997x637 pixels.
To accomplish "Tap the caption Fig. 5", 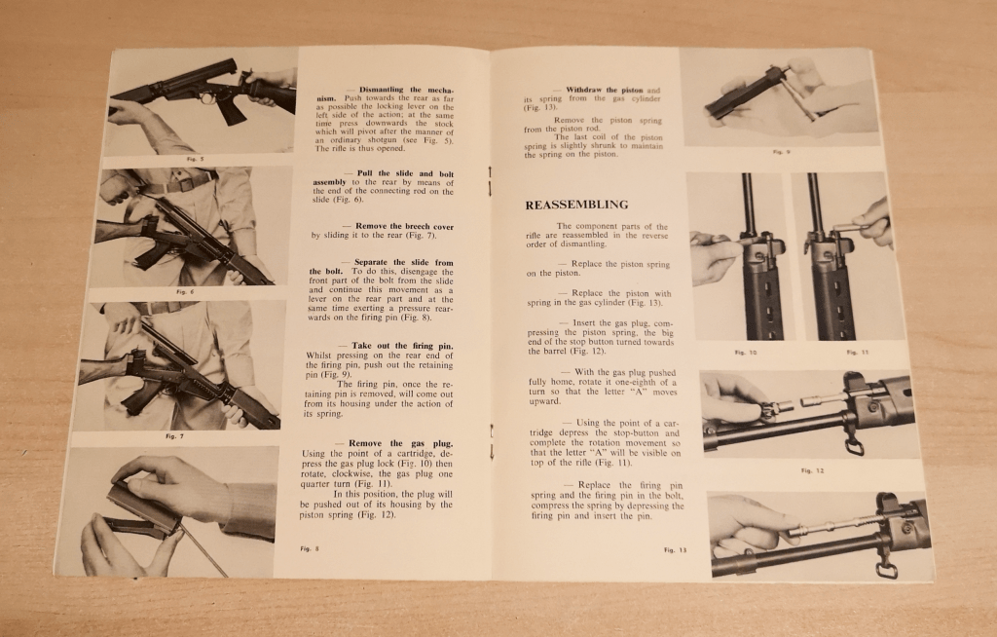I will click(x=189, y=157).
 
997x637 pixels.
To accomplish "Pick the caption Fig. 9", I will click(x=779, y=152).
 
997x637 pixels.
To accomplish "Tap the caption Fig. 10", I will click(x=746, y=352).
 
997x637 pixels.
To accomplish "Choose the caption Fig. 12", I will click(x=812, y=470).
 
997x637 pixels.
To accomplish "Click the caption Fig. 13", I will click(x=675, y=550).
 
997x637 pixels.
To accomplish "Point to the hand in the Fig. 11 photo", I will click(x=873, y=223).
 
